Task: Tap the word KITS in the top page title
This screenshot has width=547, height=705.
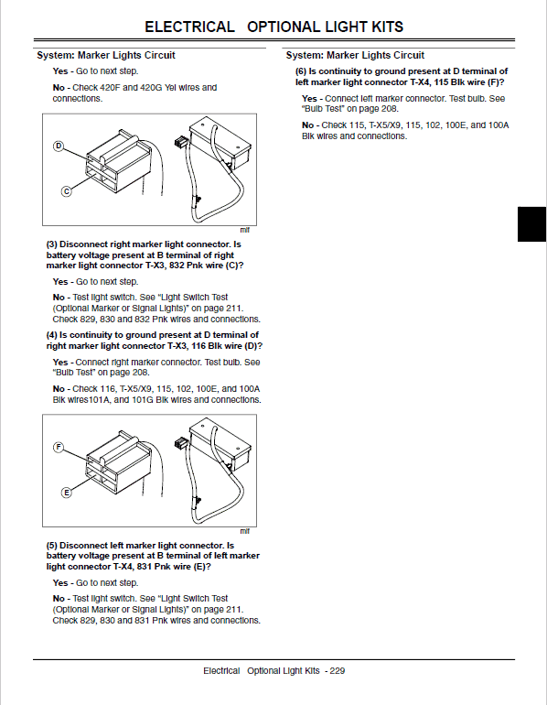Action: pos(381,27)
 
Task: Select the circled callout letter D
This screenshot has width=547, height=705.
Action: pos(59,146)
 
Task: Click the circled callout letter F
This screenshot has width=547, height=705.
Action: pos(59,447)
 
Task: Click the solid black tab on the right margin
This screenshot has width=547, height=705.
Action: pos(531,223)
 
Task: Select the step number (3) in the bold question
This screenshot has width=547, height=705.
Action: pos(52,244)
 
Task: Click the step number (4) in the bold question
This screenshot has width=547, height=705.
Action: pos(52,335)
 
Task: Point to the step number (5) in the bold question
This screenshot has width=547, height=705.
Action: pos(52,546)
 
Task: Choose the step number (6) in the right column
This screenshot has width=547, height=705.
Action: pos(301,70)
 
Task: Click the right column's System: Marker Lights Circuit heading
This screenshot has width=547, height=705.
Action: pos(355,55)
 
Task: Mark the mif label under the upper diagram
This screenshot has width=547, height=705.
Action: pos(244,230)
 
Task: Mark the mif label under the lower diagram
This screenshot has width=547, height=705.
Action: pos(244,531)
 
